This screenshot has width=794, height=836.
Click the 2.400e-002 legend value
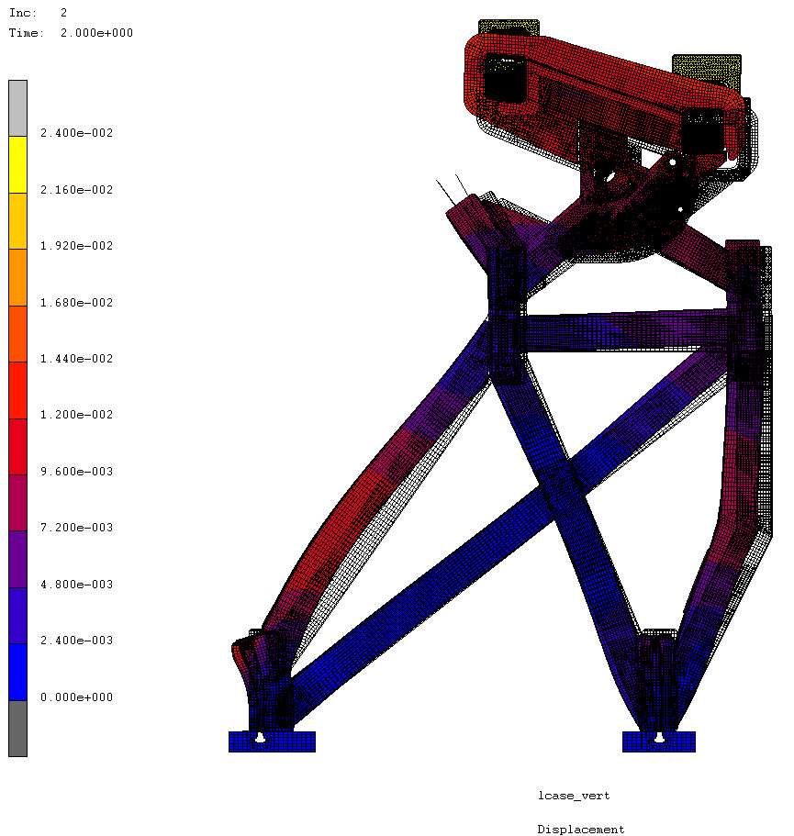[x=77, y=133]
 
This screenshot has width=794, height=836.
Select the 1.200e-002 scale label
[x=77, y=415]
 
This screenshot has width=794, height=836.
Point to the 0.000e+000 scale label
[x=77, y=697]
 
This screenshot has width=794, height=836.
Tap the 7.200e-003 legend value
[x=77, y=528]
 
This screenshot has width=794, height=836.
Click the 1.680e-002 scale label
[x=77, y=303]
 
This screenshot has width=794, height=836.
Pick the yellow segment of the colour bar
[x=17, y=165]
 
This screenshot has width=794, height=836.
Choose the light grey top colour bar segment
[x=17, y=109]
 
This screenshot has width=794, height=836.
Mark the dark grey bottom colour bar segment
[x=17, y=729]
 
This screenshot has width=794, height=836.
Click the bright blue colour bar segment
[x=17, y=673]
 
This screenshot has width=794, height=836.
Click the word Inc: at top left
[x=23, y=13]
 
